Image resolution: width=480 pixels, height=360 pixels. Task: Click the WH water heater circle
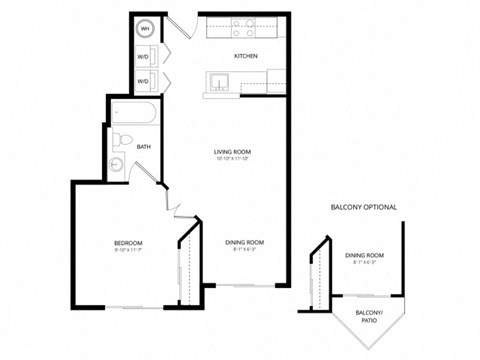coord(145,29)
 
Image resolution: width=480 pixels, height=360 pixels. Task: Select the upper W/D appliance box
coord(144,56)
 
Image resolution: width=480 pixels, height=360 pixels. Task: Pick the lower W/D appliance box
coord(144,80)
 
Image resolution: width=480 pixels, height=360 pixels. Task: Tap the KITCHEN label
coord(246,56)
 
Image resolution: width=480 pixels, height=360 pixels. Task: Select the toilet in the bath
coord(120,138)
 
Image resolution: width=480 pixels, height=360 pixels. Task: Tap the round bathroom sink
coord(118,166)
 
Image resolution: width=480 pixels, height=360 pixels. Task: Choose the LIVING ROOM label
coord(230,152)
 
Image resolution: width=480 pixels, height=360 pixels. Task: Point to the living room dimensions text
coord(230,160)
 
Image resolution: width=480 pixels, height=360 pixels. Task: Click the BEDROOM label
coord(127,243)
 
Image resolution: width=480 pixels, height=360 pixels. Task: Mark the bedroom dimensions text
coord(127,251)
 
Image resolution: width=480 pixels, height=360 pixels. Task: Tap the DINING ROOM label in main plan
coord(244,242)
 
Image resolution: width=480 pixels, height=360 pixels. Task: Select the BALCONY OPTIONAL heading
coord(364,207)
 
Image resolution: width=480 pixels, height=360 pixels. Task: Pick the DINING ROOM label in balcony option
coord(365,256)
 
